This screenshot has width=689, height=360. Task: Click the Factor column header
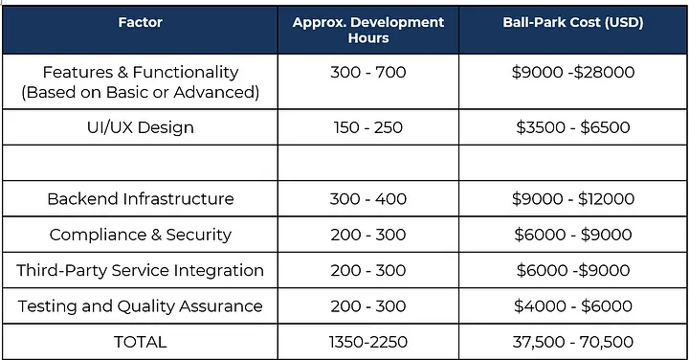(x=140, y=23)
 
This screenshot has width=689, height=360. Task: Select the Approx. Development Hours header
(x=368, y=30)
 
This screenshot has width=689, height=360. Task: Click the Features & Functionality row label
(x=140, y=81)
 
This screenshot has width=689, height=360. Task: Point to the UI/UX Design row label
(x=140, y=127)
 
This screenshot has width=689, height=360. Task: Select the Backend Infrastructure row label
(x=140, y=199)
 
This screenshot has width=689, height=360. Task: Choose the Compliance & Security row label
(x=140, y=235)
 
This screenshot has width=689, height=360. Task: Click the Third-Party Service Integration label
(x=140, y=270)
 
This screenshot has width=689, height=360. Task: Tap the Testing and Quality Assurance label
(x=140, y=306)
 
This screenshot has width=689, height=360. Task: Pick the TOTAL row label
(x=140, y=342)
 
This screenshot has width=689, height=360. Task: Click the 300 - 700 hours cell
(x=368, y=72)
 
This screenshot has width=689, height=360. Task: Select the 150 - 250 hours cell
(x=368, y=127)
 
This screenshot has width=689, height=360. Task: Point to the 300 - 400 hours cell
(x=368, y=199)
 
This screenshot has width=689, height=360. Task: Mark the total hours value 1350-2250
(x=368, y=342)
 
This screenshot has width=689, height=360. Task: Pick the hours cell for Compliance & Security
(x=368, y=235)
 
